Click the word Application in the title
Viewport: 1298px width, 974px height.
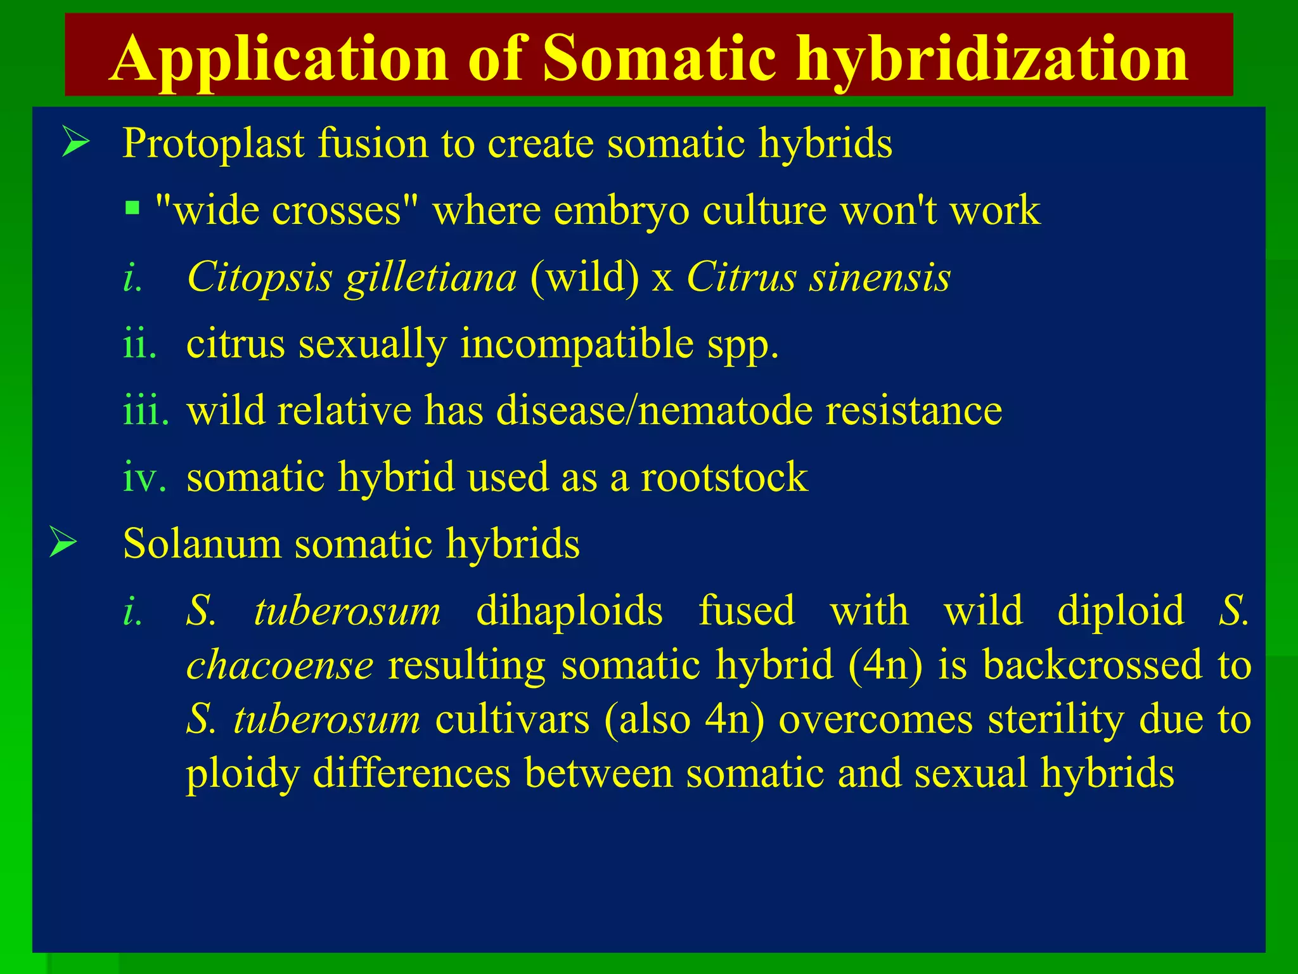(279, 59)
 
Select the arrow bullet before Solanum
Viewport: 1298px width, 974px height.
(64, 543)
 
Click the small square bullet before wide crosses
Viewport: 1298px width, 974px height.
(132, 208)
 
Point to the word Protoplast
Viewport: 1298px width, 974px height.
(213, 143)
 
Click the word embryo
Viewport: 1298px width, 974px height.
(621, 211)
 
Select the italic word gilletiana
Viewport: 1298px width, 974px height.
(431, 278)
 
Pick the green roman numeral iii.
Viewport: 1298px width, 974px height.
(146, 410)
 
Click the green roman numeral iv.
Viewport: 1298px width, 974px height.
(145, 477)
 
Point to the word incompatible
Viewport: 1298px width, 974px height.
(577, 344)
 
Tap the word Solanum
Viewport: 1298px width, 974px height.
(202, 544)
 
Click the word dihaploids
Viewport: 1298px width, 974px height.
(569, 611)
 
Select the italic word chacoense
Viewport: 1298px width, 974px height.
(280, 665)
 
